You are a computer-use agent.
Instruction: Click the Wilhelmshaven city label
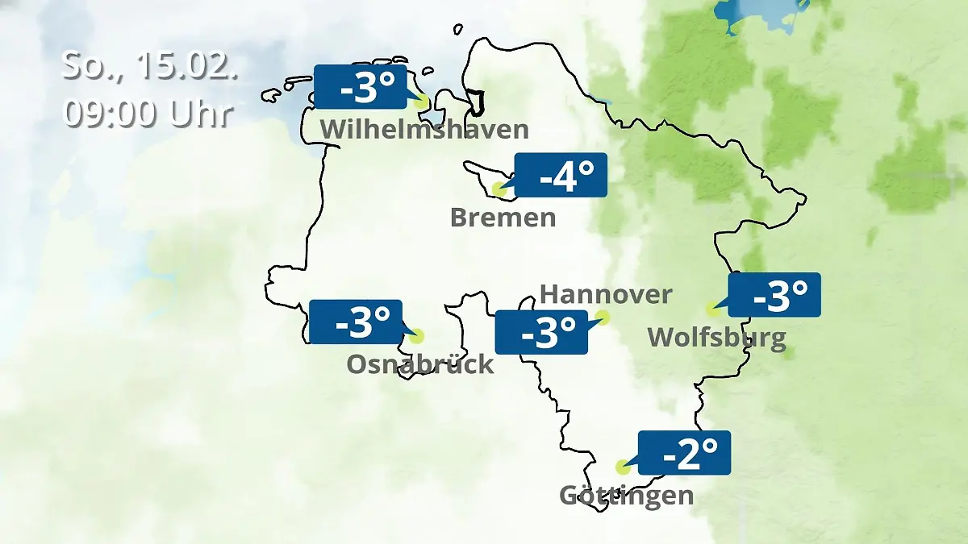(424, 129)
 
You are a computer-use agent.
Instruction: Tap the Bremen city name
(503, 218)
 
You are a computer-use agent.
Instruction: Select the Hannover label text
(605, 294)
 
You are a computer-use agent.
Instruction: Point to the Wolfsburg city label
(716, 337)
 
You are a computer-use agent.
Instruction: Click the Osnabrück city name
(419, 364)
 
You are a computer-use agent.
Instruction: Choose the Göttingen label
(626, 495)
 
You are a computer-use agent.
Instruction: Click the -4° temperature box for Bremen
(561, 175)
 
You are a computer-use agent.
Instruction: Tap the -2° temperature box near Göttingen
(684, 453)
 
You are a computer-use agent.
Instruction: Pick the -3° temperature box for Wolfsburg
(774, 295)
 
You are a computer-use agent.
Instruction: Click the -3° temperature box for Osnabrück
(355, 322)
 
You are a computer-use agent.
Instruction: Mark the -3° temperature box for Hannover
(540, 332)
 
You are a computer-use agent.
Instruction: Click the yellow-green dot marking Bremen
(499, 190)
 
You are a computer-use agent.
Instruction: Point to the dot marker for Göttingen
(623, 467)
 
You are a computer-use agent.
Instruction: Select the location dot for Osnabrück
(416, 336)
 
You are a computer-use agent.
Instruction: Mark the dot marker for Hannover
(603, 318)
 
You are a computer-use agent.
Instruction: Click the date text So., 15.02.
(150, 66)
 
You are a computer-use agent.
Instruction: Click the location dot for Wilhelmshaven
(420, 102)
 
